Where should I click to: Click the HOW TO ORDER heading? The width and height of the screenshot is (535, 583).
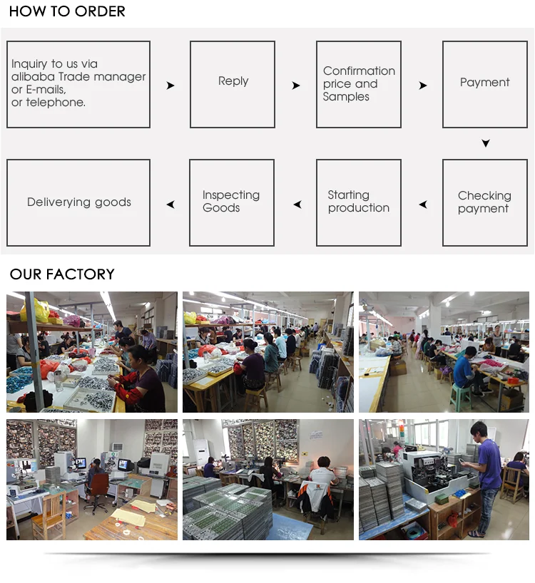point(67,11)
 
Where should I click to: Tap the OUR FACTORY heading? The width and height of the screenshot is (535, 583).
point(62,274)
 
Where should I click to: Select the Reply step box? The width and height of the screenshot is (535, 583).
point(233,84)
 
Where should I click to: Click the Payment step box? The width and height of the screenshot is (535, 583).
point(484,84)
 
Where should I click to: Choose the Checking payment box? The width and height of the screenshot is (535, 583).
point(484,202)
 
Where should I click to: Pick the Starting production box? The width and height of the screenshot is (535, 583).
point(359,202)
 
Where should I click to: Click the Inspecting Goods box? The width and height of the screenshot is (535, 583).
point(232,202)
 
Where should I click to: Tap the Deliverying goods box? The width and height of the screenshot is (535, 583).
point(78,202)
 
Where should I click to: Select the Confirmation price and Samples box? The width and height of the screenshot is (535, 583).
point(359,84)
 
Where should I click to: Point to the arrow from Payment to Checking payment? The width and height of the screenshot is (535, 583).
point(486,143)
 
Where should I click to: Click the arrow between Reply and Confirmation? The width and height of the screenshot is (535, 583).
point(296,86)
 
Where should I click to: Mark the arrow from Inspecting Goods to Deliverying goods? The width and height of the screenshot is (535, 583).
point(170,205)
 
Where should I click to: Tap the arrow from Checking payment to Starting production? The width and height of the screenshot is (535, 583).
point(423,205)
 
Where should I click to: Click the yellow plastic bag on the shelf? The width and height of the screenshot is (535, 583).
point(36,310)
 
